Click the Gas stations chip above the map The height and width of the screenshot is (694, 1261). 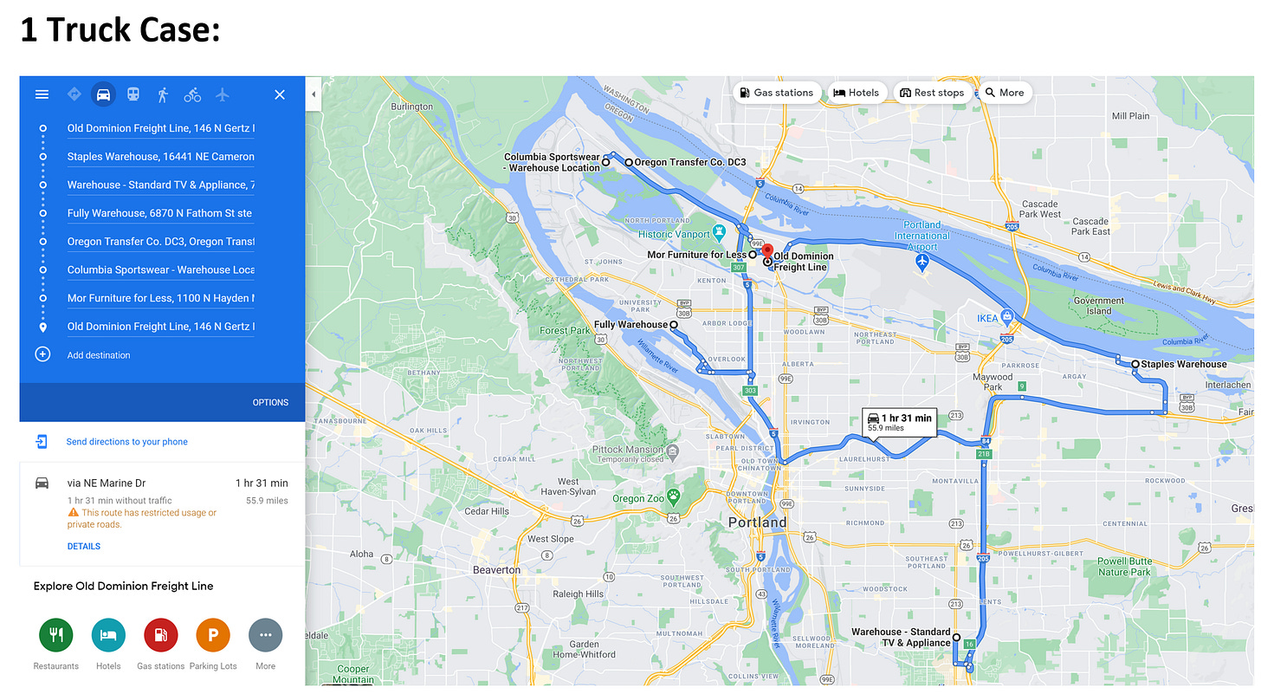[776, 93]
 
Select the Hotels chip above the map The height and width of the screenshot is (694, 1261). [856, 93]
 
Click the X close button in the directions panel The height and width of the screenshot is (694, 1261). [280, 94]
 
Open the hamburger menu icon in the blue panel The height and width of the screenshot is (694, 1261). [42, 94]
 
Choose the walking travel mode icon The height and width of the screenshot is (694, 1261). [163, 94]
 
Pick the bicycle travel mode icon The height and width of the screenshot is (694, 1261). [192, 94]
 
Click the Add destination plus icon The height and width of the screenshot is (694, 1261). [42, 354]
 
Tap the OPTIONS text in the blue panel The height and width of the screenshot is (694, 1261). [270, 402]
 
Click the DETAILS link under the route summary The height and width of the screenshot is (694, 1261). [84, 546]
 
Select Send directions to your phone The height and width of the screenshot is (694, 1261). [126, 442]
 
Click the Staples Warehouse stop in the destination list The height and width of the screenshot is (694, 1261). [160, 157]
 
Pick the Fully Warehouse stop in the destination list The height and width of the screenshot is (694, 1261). [160, 213]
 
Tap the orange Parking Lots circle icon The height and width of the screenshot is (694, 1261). [213, 635]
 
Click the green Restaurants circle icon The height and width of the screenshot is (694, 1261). [56, 635]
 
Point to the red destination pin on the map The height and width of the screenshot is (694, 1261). [766, 252]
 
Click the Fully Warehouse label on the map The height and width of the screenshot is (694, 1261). [630, 325]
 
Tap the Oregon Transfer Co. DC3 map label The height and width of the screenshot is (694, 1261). [689, 162]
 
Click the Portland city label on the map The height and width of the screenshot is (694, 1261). [758, 522]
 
